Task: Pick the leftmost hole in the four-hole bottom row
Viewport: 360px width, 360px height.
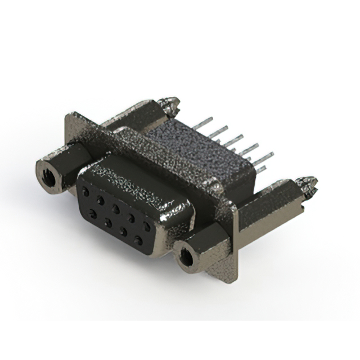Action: [92, 213]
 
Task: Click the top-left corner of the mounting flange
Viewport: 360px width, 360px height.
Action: [68, 115]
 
